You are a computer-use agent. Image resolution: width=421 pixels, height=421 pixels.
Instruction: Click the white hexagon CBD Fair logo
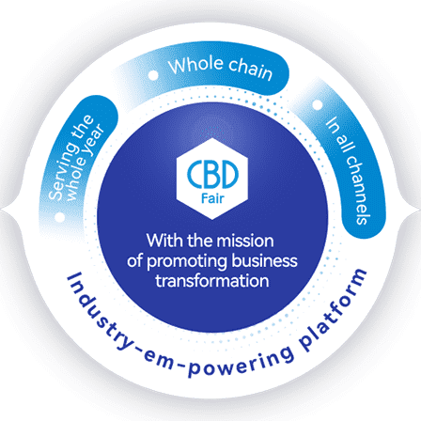(x=212, y=179)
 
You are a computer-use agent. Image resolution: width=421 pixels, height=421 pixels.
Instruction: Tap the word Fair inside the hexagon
(x=212, y=198)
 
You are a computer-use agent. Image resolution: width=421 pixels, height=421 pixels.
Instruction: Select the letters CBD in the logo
(x=212, y=174)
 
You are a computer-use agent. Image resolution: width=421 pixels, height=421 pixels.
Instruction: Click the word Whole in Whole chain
(x=196, y=65)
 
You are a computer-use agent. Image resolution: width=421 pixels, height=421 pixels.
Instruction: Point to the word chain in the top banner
(x=251, y=70)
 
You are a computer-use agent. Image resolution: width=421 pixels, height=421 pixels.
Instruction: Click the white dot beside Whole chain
(x=153, y=75)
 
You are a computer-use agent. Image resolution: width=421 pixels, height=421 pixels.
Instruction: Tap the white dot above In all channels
(x=318, y=105)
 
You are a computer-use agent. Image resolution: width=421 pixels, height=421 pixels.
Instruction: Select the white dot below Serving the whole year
(x=59, y=217)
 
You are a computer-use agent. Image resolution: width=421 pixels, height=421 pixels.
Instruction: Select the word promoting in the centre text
(x=187, y=262)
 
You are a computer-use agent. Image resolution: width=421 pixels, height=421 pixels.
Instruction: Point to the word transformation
(x=212, y=281)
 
